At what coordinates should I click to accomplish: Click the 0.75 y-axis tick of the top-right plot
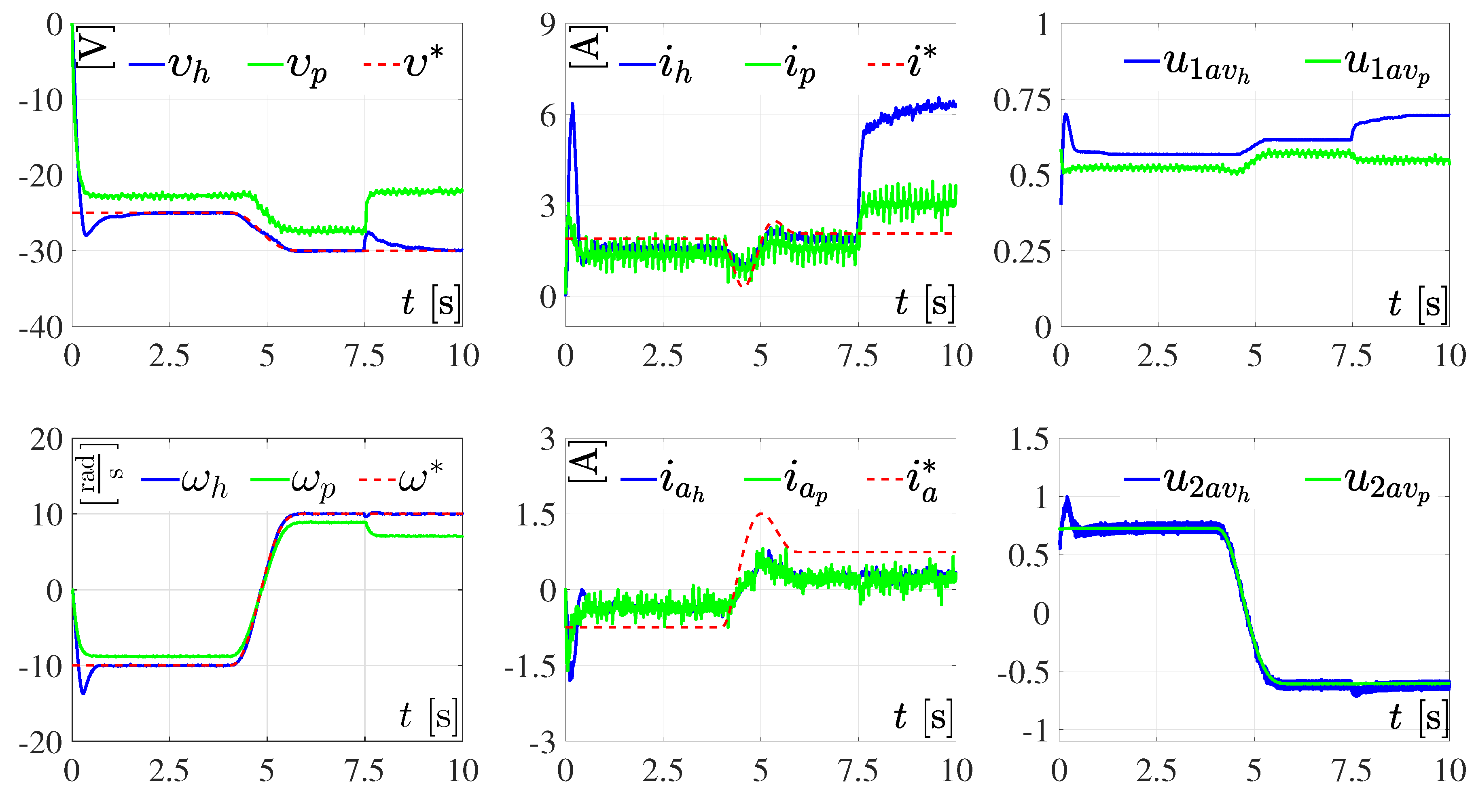1022,101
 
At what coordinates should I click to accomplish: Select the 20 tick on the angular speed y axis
47,440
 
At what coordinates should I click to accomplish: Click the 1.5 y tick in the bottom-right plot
1029,440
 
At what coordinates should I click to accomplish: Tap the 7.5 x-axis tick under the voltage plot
364,356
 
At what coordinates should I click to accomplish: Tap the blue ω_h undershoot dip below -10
84,693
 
